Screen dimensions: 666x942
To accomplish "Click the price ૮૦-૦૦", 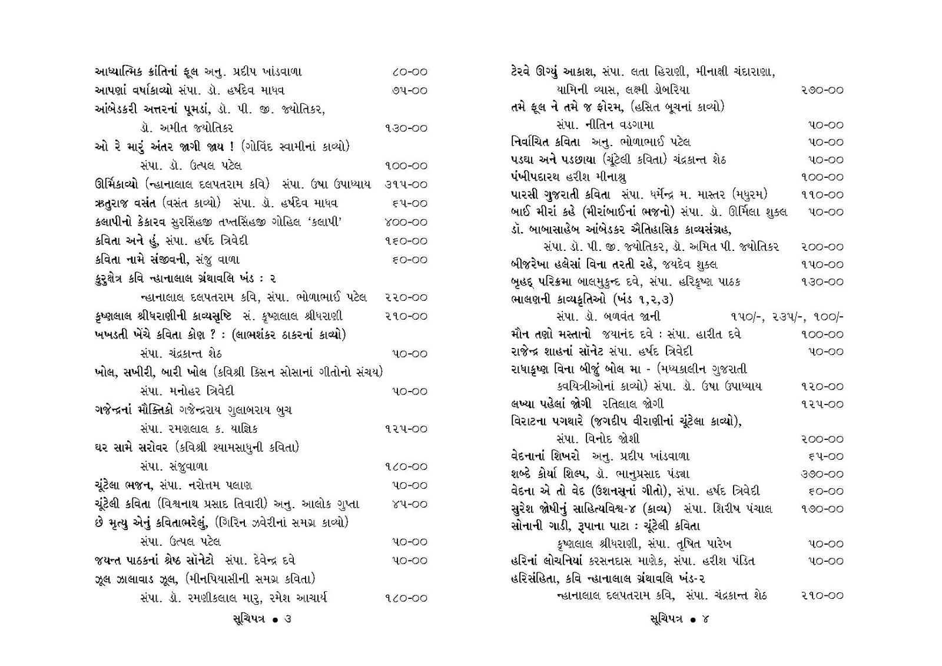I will click(x=409, y=72).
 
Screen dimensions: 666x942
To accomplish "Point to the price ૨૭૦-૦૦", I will click(x=822, y=90).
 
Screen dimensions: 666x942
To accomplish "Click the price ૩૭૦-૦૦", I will click(x=822, y=473).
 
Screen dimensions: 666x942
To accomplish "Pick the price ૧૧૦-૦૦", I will click(x=822, y=194).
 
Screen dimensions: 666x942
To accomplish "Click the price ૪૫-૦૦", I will click(x=409, y=504).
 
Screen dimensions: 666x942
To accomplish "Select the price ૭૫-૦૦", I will click(x=409, y=91).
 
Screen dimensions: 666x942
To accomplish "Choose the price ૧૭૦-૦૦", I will click(x=822, y=509).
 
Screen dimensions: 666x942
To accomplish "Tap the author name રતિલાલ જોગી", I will click(x=633, y=404).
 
